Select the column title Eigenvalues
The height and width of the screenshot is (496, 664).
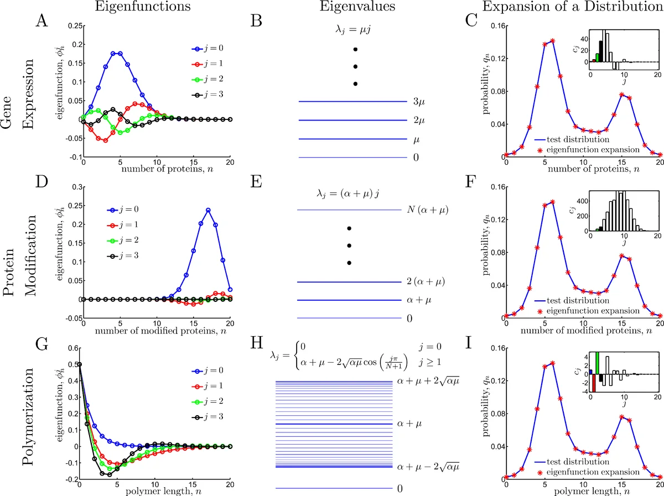coord(352,7)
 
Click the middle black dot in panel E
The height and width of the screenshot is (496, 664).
coord(349,246)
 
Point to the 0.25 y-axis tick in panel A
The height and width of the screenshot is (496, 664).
coord(70,25)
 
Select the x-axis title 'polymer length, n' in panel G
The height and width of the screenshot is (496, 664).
coord(156,489)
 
